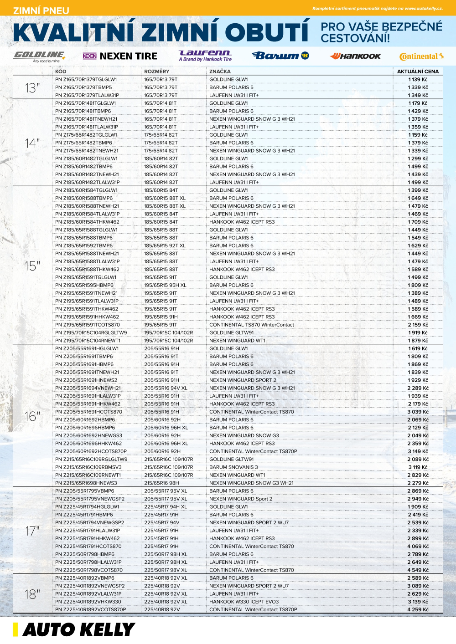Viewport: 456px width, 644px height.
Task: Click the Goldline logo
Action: point(39,56)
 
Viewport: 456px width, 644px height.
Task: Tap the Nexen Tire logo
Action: point(119,56)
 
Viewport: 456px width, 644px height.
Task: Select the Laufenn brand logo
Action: point(205,56)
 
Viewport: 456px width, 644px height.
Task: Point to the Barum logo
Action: point(280,56)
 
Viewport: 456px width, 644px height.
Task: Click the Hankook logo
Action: point(355,56)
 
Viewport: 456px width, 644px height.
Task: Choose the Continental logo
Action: point(421,56)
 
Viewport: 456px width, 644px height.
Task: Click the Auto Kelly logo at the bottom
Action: point(74,629)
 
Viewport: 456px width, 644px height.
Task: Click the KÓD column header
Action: point(61,72)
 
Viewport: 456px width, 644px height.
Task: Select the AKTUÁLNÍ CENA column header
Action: point(418,72)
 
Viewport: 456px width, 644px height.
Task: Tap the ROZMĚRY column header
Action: point(156,72)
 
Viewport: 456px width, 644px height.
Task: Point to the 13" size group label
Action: point(32,87)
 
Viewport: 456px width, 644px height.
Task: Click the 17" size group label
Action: point(32,531)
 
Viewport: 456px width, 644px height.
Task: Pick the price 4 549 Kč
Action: point(418,570)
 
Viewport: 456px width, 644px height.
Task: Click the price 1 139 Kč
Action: point(418,79)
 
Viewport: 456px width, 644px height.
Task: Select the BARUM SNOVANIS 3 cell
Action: point(233,467)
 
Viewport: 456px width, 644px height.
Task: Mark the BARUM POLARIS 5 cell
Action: point(231,87)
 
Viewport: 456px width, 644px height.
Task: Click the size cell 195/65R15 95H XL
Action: point(165,285)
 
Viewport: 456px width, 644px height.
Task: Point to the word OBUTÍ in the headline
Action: point(267,33)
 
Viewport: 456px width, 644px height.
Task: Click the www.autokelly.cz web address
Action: point(423,8)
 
